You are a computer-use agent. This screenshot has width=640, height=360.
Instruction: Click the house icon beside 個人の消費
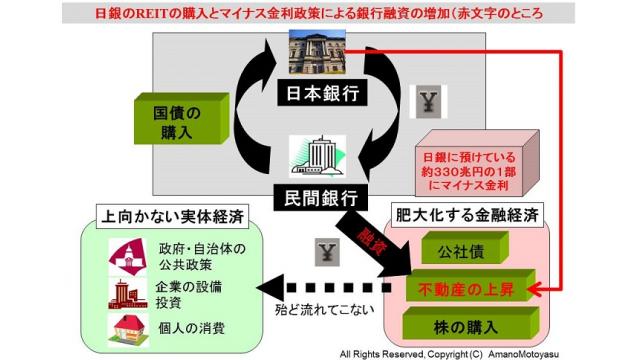[x=128, y=329]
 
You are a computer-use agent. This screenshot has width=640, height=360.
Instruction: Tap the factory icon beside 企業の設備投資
[x=128, y=293]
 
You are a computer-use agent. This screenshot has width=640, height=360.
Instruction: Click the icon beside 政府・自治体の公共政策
[x=128, y=257]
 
